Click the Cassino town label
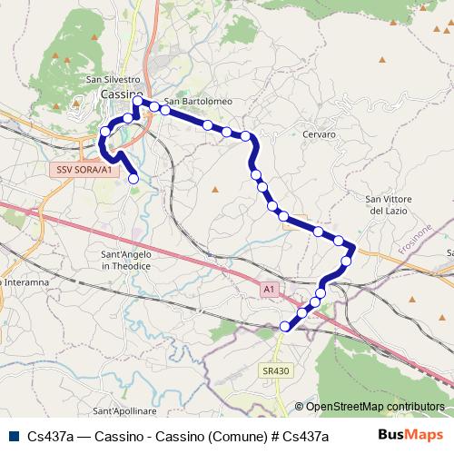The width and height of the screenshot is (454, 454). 122,94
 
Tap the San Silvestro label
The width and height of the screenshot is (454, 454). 113,80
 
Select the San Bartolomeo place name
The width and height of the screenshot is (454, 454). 199,101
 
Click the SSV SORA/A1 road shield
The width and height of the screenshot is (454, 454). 84,170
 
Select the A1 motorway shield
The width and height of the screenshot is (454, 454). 268,289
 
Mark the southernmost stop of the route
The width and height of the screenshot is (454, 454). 285,326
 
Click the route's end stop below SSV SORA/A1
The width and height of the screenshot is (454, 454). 133,179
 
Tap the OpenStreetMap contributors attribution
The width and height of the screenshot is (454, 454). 375,407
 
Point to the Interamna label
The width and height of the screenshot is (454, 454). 25,282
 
